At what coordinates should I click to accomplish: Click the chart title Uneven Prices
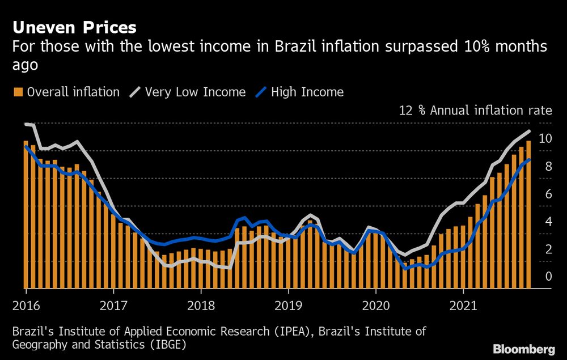74,27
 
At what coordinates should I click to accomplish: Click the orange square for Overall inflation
18,92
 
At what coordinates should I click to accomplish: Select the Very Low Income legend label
195,92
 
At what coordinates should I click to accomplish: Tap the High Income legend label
307,92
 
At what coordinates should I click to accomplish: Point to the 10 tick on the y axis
545,138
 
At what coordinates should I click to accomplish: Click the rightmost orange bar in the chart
528,215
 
